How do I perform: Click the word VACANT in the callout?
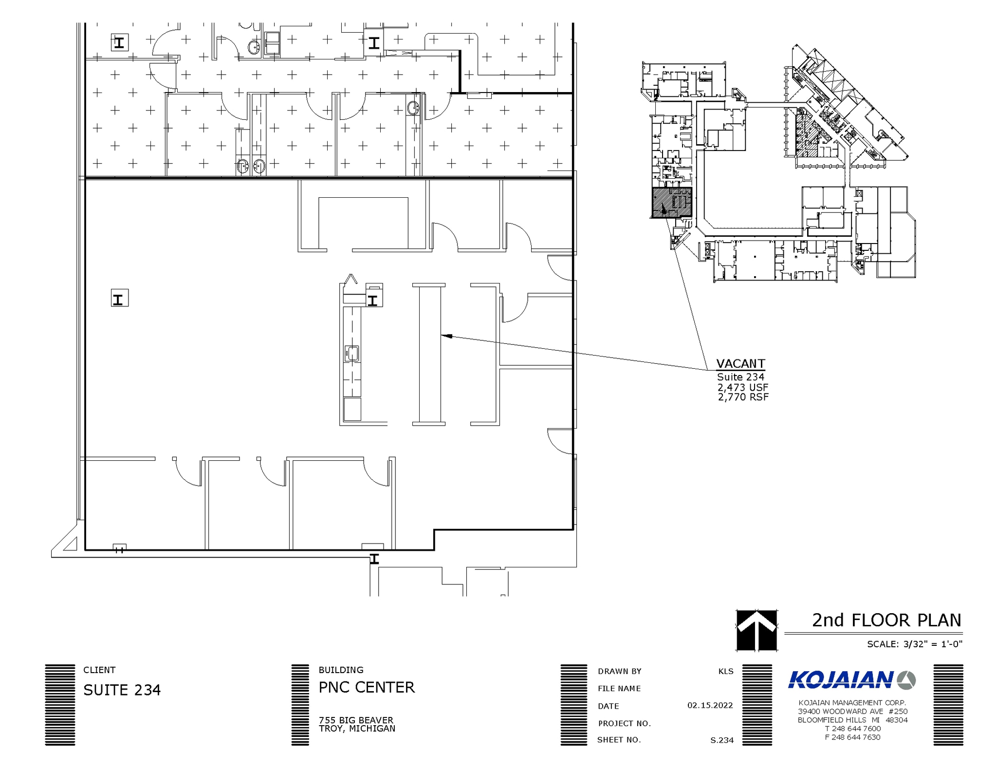pyautogui.click(x=740, y=364)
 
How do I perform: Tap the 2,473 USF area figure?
pyautogui.click(x=742, y=387)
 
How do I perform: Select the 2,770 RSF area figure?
pyautogui.click(x=743, y=397)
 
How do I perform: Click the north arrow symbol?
pyautogui.click(x=756, y=630)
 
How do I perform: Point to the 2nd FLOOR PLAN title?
pyautogui.click(x=886, y=620)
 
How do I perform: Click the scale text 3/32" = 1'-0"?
pyautogui.click(x=932, y=644)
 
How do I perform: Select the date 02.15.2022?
pyautogui.click(x=710, y=705)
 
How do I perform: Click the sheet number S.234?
pyautogui.click(x=721, y=740)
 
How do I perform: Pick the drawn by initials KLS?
pyautogui.click(x=725, y=671)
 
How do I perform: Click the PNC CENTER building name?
pyautogui.click(x=366, y=687)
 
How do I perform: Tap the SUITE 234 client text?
pyautogui.click(x=122, y=690)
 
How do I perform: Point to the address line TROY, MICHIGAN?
pyautogui.click(x=357, y=729)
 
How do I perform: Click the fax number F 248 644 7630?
pyautogui.click(x=852, y=737)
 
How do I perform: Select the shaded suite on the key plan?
pyautogui.click(x=671, y=203)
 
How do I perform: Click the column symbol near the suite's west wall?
pyautogui.click(x=120, y=298)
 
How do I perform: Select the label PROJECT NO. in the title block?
pyautogui.click(x=624, y=723)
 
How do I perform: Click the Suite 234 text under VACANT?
pyautogui.click(x=740, y=377)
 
